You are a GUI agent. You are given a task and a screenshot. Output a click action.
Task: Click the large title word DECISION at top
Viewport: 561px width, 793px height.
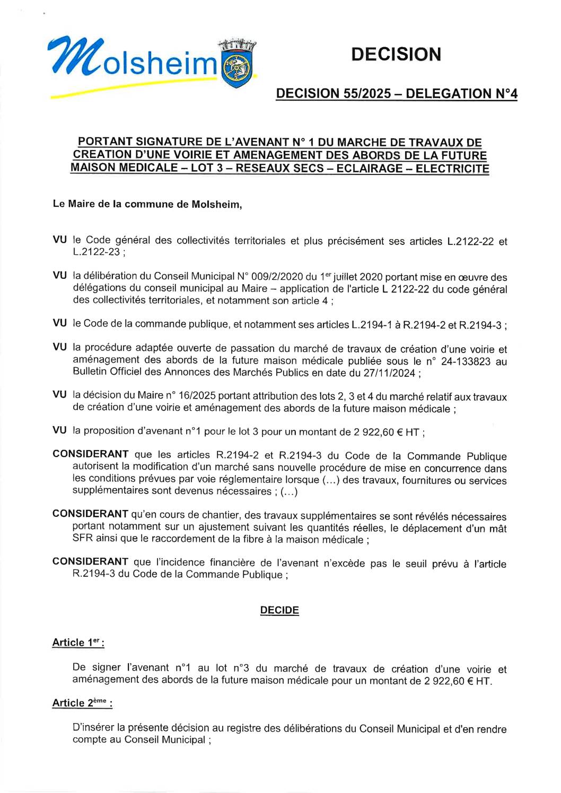click(x=396, y=54)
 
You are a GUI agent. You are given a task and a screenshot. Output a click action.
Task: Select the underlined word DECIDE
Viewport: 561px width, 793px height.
click(x=279, y=610)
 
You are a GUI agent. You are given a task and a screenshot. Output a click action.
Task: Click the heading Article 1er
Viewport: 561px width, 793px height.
click(x=77, y=642)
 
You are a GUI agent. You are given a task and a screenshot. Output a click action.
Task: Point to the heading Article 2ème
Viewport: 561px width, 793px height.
click(x=82, y=703)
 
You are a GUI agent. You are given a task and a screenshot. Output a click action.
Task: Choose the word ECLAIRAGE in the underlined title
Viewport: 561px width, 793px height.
click(x=370, y=169)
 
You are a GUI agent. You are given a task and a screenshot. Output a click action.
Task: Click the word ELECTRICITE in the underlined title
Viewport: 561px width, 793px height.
click(x=452, y=169)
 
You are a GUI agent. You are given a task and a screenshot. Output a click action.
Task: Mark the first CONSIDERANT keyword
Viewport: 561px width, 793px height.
click(x=90, y=454)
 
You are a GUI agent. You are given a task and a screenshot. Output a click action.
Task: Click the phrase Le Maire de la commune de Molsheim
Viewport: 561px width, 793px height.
click(x=147, y=205)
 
